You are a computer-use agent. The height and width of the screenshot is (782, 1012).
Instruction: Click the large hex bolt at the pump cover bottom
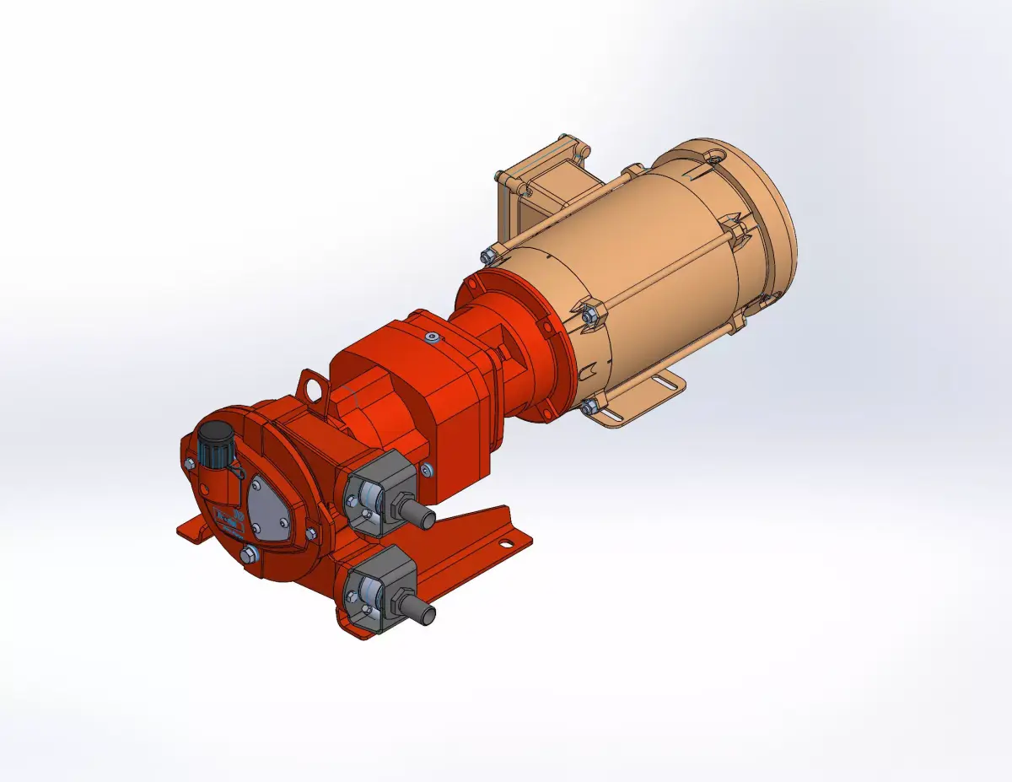coord(249,553)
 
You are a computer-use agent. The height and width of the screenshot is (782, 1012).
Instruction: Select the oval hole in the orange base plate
coord(503,544)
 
